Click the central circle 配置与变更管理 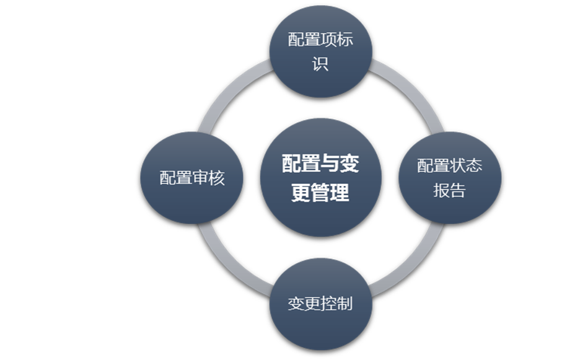pyautogui.click(x=320, y=178)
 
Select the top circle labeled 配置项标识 pyautogui.click(x=320, y=51)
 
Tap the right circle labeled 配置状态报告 pyautogui.click(x=449, y=178)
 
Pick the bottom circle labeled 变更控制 pyautogui.click(x=320, y=304)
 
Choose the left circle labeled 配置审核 pyautogui.click(x=192, y=178)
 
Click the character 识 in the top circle pyautogui.click(x=320, y=64)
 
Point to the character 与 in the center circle pyautogui.click(x=320, y=164)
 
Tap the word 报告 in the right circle pyautogui.click(x=449, y=191)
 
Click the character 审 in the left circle pyautogui.click(x=200, y=178)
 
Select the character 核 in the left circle pyautogui.click(x=217, y=178)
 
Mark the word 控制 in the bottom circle pyautogui.click(x=336, y=304)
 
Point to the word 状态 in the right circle pyautogui.click(x=466, y=165)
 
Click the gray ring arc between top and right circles pyautogui.click(x=409, y=92)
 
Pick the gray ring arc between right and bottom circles pyautogui.click(x=411, y=263)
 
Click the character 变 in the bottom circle pyautogui.click(x=296, y=304)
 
